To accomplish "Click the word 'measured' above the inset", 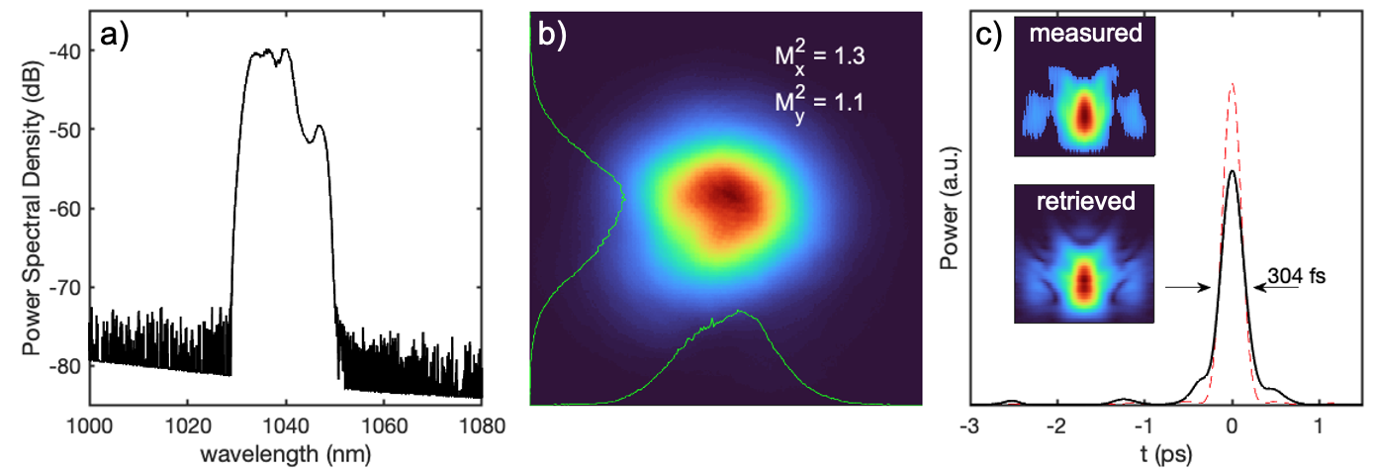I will [1086, 34].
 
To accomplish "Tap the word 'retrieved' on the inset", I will [1086, 204].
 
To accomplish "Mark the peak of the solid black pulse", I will [1232, 171].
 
